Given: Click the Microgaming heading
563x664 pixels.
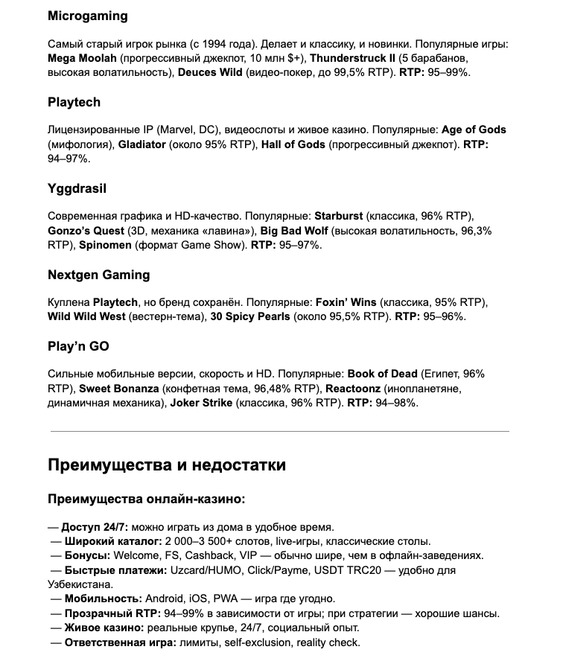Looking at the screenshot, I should pos(87,16).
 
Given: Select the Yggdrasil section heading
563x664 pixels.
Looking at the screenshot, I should pos(78,188).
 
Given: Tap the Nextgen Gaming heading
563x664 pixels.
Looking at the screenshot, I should pos(98,275).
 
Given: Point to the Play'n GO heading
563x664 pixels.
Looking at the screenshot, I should pos(78,346).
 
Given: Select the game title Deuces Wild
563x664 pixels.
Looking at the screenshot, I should pos(211,72).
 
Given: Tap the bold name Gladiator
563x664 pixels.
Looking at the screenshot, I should pos(141,144).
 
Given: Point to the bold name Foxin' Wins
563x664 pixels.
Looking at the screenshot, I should pos(346,301).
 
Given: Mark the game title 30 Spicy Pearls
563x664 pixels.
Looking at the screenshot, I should pos(249,316).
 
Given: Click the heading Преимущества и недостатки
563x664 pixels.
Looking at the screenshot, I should pos(166,466).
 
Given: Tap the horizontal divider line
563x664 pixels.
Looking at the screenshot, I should pos(279,431).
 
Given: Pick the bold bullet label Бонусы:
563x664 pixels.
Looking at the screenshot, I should pos(86,555).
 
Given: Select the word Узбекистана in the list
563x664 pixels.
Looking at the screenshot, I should pos(80,584).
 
